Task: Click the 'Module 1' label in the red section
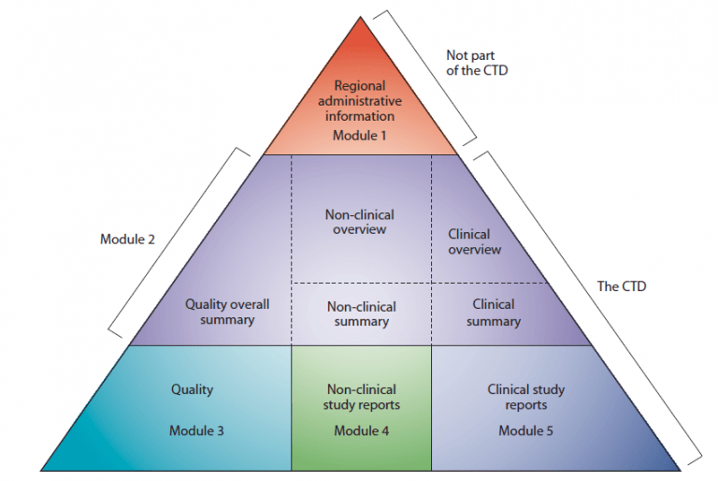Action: (360, 136)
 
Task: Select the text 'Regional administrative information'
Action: (360, 101)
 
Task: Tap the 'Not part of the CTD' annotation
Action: (477, 62)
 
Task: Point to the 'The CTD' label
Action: (622, 286)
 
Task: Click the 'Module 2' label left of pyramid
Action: (128, 239)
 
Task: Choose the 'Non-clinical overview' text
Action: (360, 222)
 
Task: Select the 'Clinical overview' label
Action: (474, 242)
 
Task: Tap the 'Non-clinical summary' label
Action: (361, 313)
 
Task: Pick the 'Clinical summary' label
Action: (494, 313)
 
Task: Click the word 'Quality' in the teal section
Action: (193, 389)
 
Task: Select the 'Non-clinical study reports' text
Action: (361, 397)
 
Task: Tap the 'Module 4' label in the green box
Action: (361, 430)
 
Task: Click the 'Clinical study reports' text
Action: (526, 397)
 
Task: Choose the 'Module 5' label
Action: (526, 430)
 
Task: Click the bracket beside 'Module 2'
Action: (178, 240)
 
